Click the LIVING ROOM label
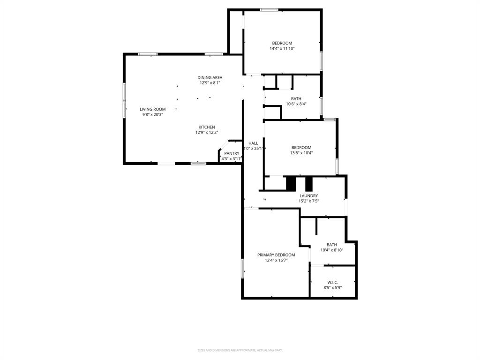pyautogui.click(x=152, y=109)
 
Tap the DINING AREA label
pyautogui.click(x=210, y=77)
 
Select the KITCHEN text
pyautogui.click(x=207, y=127)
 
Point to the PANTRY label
pyautogui.click(x=232, y=153)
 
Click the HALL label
pyautogui.click(x=253, y=143)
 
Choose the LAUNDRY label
pyautogui.click(x=308, y=195)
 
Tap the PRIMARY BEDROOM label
pyautogui.click(x=276, y=255)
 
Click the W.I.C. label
pyautogui.click(x=332, y=282)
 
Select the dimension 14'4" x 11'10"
pyautogui.click(x=282, y=48)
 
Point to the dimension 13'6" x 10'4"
pyautogui.click(x=301, y=153)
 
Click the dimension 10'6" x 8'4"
pyautogui.click(x=296, y=104)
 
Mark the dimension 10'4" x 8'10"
pyautogui.click(x=331, y=250)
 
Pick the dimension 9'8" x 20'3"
pyautogui.click(x=152, y=114)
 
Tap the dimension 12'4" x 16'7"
pyautogui.click(x=276, y=260)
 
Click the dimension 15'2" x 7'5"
pyautogui.click(x=308, y=201)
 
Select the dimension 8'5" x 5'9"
pyautogui.click(x=332, y=288)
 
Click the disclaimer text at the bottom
pyautogui.click(x=240, y=350)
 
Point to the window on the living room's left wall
pyautogui.click(x=124, y=100)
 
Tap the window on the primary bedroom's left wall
pyautogui.click(x=242, y=268)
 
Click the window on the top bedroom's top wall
pyautogui.click(x=269, y=10)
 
